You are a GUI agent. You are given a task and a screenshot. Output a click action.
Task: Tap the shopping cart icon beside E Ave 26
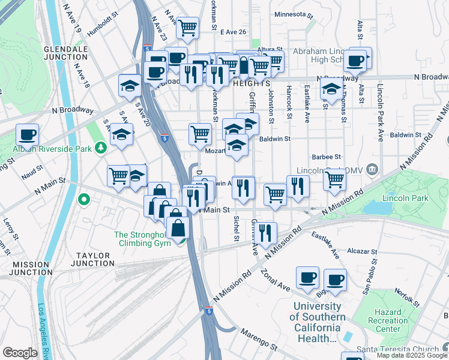188,26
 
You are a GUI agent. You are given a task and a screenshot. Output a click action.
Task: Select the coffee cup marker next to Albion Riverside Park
27,134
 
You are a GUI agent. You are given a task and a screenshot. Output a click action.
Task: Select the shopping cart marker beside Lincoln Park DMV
334,178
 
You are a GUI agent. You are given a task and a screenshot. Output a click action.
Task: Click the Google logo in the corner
20,353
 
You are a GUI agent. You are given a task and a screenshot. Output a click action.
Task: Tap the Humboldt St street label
103,36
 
